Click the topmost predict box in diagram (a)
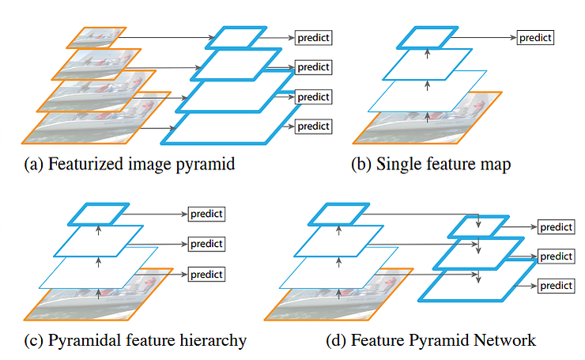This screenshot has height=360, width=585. tap(313, 38)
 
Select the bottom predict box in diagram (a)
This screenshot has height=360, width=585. tap(313, 127)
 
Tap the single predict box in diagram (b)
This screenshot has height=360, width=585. tap(535, 38)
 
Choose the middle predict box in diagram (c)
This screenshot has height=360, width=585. tap(206, 244)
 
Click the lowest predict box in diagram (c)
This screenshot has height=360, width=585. tap(206, 274)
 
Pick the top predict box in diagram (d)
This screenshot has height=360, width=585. tap(557, 227)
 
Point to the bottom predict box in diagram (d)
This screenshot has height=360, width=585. tap(557, 286)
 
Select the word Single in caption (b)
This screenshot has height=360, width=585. tap(398, 165)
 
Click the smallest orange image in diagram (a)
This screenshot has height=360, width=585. tap(96, 38)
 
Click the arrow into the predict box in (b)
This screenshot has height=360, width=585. tap(484, 37)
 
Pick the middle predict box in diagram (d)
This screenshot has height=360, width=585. tap(557, 256)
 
